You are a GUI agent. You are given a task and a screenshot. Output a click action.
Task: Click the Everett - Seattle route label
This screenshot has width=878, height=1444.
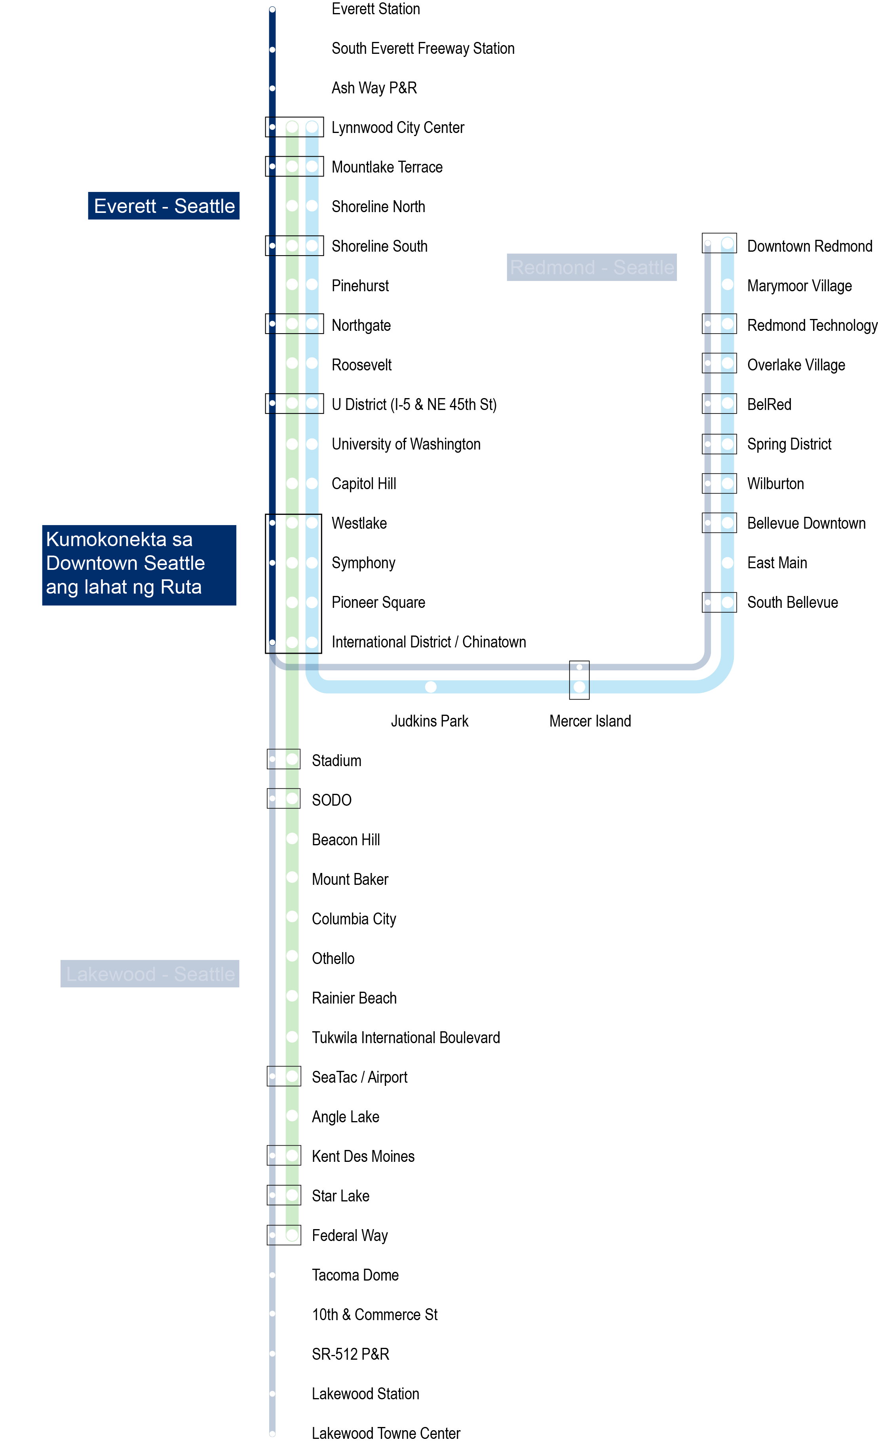pos(163,206)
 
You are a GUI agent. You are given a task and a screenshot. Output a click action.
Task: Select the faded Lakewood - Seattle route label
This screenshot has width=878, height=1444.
pos(150,973)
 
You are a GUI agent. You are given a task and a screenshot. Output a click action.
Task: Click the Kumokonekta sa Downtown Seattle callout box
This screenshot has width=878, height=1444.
pos(139,564)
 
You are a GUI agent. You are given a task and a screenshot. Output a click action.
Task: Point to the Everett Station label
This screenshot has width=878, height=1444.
pos(375,9)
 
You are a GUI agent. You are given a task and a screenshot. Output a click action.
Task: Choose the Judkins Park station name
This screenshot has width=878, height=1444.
pos(429,721)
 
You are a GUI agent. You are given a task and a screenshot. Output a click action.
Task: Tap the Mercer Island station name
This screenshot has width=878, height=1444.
pos(590,721)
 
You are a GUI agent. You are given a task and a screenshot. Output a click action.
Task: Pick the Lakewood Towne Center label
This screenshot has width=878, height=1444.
pos(386,1433)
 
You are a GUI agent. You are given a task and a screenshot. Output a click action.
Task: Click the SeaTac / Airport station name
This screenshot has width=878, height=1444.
pos(359,1077)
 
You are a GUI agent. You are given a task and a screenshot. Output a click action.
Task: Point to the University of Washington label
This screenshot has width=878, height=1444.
pos(406,444)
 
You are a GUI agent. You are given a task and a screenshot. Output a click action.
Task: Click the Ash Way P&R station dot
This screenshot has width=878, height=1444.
pos(272,89)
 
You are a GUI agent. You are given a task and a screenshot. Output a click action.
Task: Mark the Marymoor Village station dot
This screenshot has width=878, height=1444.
pos(727,285)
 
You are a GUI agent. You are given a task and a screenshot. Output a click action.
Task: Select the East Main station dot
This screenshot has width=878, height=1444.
pos(727,563)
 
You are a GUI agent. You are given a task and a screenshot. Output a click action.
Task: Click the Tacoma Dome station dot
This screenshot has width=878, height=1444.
pos(272,1275)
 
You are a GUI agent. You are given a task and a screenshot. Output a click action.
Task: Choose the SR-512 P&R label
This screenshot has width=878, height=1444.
pos(350,1354)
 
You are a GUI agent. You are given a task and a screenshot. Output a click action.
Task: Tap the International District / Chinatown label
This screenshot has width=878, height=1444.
pos(428,642)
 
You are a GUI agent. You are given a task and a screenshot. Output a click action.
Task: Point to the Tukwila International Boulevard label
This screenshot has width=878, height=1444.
pos(406,1038)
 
